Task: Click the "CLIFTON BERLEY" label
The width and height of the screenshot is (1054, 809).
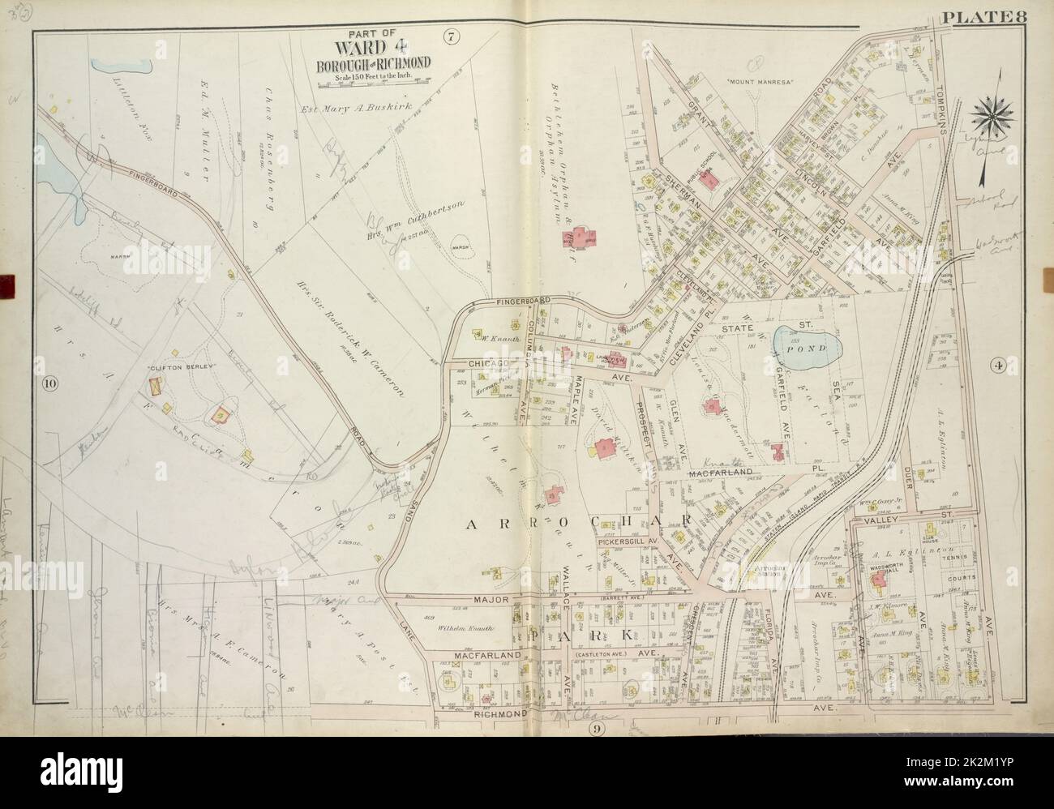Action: click(x=174, y=368)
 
